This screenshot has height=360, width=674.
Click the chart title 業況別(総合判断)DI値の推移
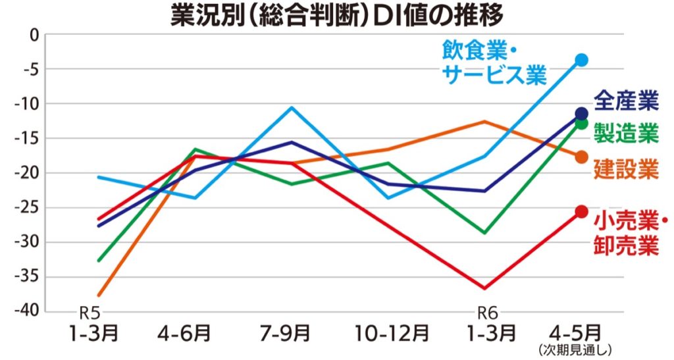pyautogui.click(x=336, y=14)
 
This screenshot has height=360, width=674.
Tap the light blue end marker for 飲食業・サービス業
pyautogui.click(x=582, y=60)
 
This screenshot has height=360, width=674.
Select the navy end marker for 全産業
pyautogui.click(x=582, y=113)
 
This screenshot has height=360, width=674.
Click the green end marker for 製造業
pyautogui.click(x=582, y=123)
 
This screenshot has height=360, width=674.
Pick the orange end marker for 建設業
pyautogui.click(x=582, y=157)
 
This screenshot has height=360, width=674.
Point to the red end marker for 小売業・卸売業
pyautogui.click(x=582, y=211)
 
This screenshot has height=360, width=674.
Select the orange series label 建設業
pyautogui.click(x=626, y=168)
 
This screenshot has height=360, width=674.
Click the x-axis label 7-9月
pyautogui.click(x=292, y=333)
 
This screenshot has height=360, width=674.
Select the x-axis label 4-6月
pyautogui.click(x=194, y=333)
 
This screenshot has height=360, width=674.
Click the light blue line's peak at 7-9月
pyautogui.click(x=292, y=107)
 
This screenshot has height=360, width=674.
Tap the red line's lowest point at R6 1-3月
pyautogui.click(x=485, y=288)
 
